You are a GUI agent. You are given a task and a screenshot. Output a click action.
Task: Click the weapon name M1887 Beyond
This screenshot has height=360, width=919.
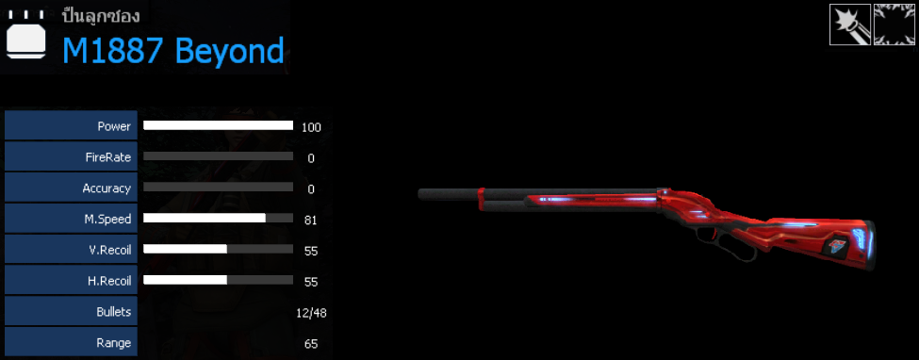coord(172,51)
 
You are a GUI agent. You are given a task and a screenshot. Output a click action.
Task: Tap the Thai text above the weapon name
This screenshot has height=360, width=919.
coord(100,16)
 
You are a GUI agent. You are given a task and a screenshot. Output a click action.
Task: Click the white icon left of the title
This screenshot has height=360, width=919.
coord(25,37)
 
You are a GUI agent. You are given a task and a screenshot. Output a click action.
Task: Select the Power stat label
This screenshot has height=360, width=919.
coord(114,126)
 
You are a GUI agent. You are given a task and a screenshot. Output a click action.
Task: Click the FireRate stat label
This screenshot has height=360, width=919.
coord(107,157)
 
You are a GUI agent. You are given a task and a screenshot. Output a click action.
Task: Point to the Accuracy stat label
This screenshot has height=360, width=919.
coord(107,188)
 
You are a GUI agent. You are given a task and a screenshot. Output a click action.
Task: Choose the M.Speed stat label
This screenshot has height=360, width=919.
coord(108,219)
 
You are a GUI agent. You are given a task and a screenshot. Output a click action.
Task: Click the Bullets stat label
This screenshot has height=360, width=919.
coord(113,311)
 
